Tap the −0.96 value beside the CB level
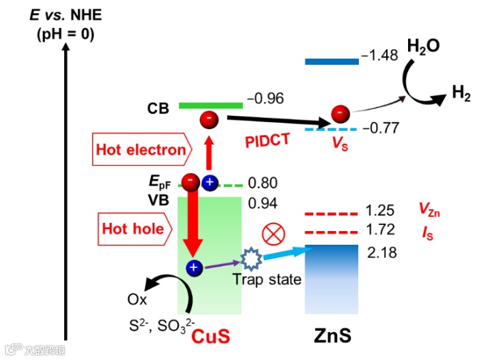[x=265, y=99]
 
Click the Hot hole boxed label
[x=133, y=228]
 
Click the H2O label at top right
[x=423, y=46]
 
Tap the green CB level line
[x=210, y=105]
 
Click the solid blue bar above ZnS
[x=332, y=61]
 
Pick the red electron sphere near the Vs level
[x=338, y=112]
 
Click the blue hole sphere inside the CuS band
[x=194, y=268]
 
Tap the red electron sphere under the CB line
[x=209, y=120]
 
